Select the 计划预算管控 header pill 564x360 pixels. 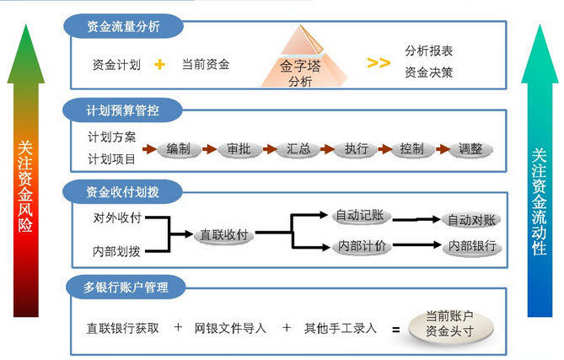click(122, 110)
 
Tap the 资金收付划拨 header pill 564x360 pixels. click(122, 191)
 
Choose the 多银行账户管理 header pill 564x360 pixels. click(126, 287)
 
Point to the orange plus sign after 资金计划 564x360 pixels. click(159, 64)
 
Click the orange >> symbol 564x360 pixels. click(379, 63)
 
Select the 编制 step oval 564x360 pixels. click(178, 149)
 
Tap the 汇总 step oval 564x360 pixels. click(298, 149)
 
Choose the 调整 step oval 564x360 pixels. click(470, 149)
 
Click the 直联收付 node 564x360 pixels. click(223, 234)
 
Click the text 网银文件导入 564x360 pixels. click(230, 328)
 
